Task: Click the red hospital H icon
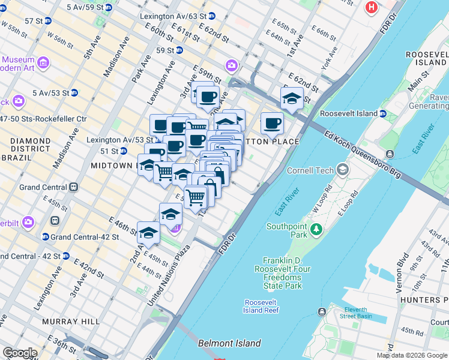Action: point(372,8)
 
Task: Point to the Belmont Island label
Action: point(229,344)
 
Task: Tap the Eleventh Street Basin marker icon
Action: point(323,311)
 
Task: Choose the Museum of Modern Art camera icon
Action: point(43,62)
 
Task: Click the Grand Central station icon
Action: point(74,187)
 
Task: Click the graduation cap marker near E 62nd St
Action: point(292,98)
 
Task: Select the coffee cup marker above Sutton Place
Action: point(272,124)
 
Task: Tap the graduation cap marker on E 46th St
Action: point(148,233)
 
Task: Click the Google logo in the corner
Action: point(19,353)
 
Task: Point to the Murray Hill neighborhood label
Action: point(71,322)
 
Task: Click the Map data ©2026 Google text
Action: point(412,355)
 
